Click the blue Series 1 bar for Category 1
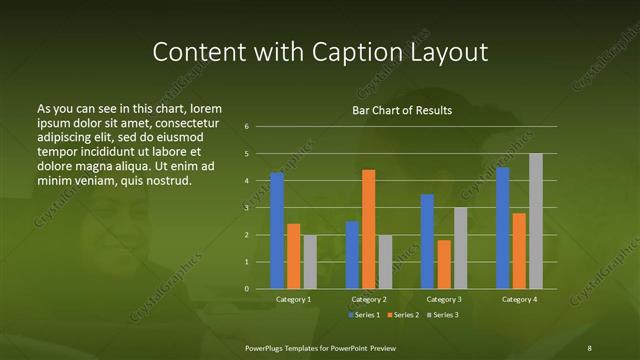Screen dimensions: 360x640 (x=277, y=231)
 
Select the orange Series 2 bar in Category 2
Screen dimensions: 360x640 (x=369, y=229)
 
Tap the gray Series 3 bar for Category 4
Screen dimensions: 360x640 (x=536, y=221)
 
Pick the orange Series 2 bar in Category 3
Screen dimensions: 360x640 (x=444, y=264)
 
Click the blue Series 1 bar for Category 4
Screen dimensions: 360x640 (x=503, y=228)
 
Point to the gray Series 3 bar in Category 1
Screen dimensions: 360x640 (x=310, y=262)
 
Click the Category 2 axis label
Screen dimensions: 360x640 (x=369, y=299)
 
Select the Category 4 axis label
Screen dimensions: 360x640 (x=519, y=299)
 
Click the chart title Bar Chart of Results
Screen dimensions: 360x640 (x=402, y=110)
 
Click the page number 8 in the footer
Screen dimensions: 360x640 (x=590, y=347)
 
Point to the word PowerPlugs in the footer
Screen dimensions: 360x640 (x=266, y=347)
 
